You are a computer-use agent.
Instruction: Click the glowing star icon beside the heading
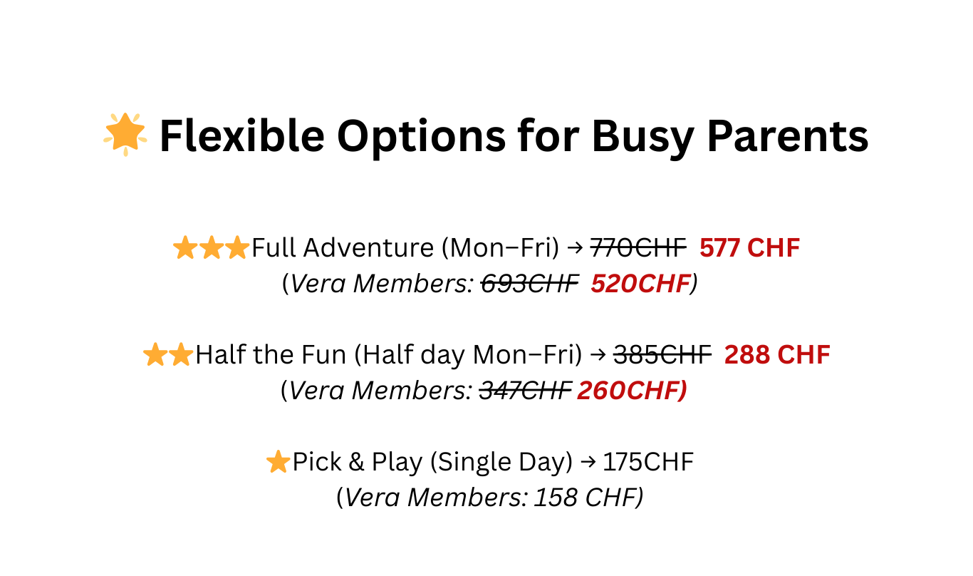[x=125, y=134]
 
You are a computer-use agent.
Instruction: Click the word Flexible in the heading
[x=242, y=136]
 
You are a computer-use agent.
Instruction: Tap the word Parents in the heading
[x=788, y=136]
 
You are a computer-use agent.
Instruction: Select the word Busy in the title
[x=642, y=139]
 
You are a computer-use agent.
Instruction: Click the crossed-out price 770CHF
[x=638, y=248]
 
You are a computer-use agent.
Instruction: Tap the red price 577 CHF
[x=750, y=248]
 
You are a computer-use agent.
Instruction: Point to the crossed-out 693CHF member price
[x=529, y=284]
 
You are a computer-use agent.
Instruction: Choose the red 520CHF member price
[x=640, y=284]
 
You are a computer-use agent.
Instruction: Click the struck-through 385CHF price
[x=662, y=355]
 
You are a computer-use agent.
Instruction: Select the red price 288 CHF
[x=778, y=355]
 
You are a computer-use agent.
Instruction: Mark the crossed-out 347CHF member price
[x=525, y=391]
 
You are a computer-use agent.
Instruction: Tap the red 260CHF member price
[x=630, y=391]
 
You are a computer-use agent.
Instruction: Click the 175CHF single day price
[x=648, y=462]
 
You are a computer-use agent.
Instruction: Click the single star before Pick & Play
[x=278, y=461]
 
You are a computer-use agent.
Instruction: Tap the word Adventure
[x=369, y=248]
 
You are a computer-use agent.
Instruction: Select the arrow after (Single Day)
[x=588, y=462]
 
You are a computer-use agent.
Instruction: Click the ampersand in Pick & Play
[x=356, y=462]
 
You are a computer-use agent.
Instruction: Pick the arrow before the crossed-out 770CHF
[x=575, y=248]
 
